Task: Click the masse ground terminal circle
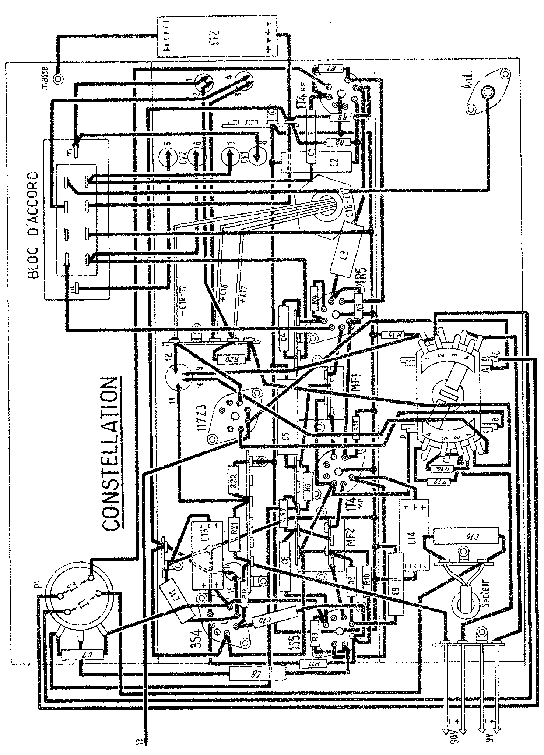58,79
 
